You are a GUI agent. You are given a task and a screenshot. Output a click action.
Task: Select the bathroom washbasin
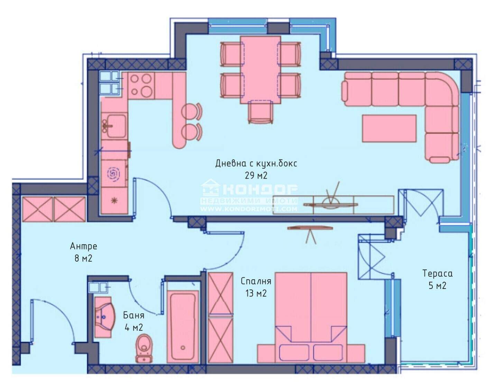(x=104, y=317)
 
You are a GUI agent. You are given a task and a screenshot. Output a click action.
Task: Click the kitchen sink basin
(x=114, y=126)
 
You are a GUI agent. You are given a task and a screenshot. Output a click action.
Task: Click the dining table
(x=260, y=70)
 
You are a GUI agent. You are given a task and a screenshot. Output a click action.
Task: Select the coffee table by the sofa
(x=389, y=128)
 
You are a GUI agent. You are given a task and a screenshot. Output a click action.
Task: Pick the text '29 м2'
(x=256, y=176)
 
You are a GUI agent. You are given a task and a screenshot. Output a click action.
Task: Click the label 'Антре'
(x=83, y=247)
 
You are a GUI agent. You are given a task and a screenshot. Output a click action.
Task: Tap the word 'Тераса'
(x=437, y=274)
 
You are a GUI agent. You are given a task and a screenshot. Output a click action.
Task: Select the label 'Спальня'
(x=256, y=281)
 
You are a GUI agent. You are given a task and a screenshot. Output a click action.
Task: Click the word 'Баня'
(x=133, y=315)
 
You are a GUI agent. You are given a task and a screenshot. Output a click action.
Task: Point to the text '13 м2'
(x=256, y=293)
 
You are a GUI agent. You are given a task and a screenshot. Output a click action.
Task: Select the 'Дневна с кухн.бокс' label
(x=256, y=164)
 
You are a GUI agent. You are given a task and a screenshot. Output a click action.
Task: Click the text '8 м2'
(x=83, y=259)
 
